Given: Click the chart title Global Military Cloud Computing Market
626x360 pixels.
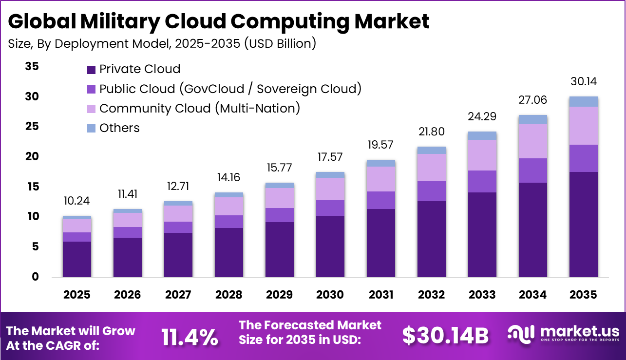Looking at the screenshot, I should [x=219, y=22].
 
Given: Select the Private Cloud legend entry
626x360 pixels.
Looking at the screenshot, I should [x=139, y=69].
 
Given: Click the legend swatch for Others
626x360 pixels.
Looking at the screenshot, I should [x=92, y=129].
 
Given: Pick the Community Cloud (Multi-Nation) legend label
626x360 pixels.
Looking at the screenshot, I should [x=199, y=108].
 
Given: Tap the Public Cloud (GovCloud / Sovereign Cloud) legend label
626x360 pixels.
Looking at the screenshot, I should [x=230, y=89].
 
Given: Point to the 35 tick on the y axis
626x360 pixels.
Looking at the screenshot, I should [x=32, y=67].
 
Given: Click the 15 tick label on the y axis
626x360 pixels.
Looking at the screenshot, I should [x=32, y=187].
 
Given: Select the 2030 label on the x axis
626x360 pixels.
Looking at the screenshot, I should [x=330, y=295].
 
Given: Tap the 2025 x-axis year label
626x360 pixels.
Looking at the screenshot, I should [x=77, y=295].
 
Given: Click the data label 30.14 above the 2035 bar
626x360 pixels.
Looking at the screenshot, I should [x=584, y=81].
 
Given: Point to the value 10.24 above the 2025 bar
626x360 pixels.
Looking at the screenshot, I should [x=77, y=201].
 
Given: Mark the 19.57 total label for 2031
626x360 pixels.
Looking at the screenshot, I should [x=380, y=145].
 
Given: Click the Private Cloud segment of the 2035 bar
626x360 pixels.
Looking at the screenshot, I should [x=584, y=224].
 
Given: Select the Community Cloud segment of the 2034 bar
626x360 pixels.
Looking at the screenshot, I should [x=533, y=141].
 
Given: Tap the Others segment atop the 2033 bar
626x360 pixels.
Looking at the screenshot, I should [x=482, y=135].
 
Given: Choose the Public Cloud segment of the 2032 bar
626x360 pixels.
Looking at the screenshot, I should [x=432, y=191].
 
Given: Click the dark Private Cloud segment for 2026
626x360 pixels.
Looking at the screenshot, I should [x=128, y=257].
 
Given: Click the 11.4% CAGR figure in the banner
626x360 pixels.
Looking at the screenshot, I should [x=190, y=337].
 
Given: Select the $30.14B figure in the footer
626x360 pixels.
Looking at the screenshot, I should [x=445, y=336].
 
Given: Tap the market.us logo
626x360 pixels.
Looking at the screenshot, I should [x=563, y=334].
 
